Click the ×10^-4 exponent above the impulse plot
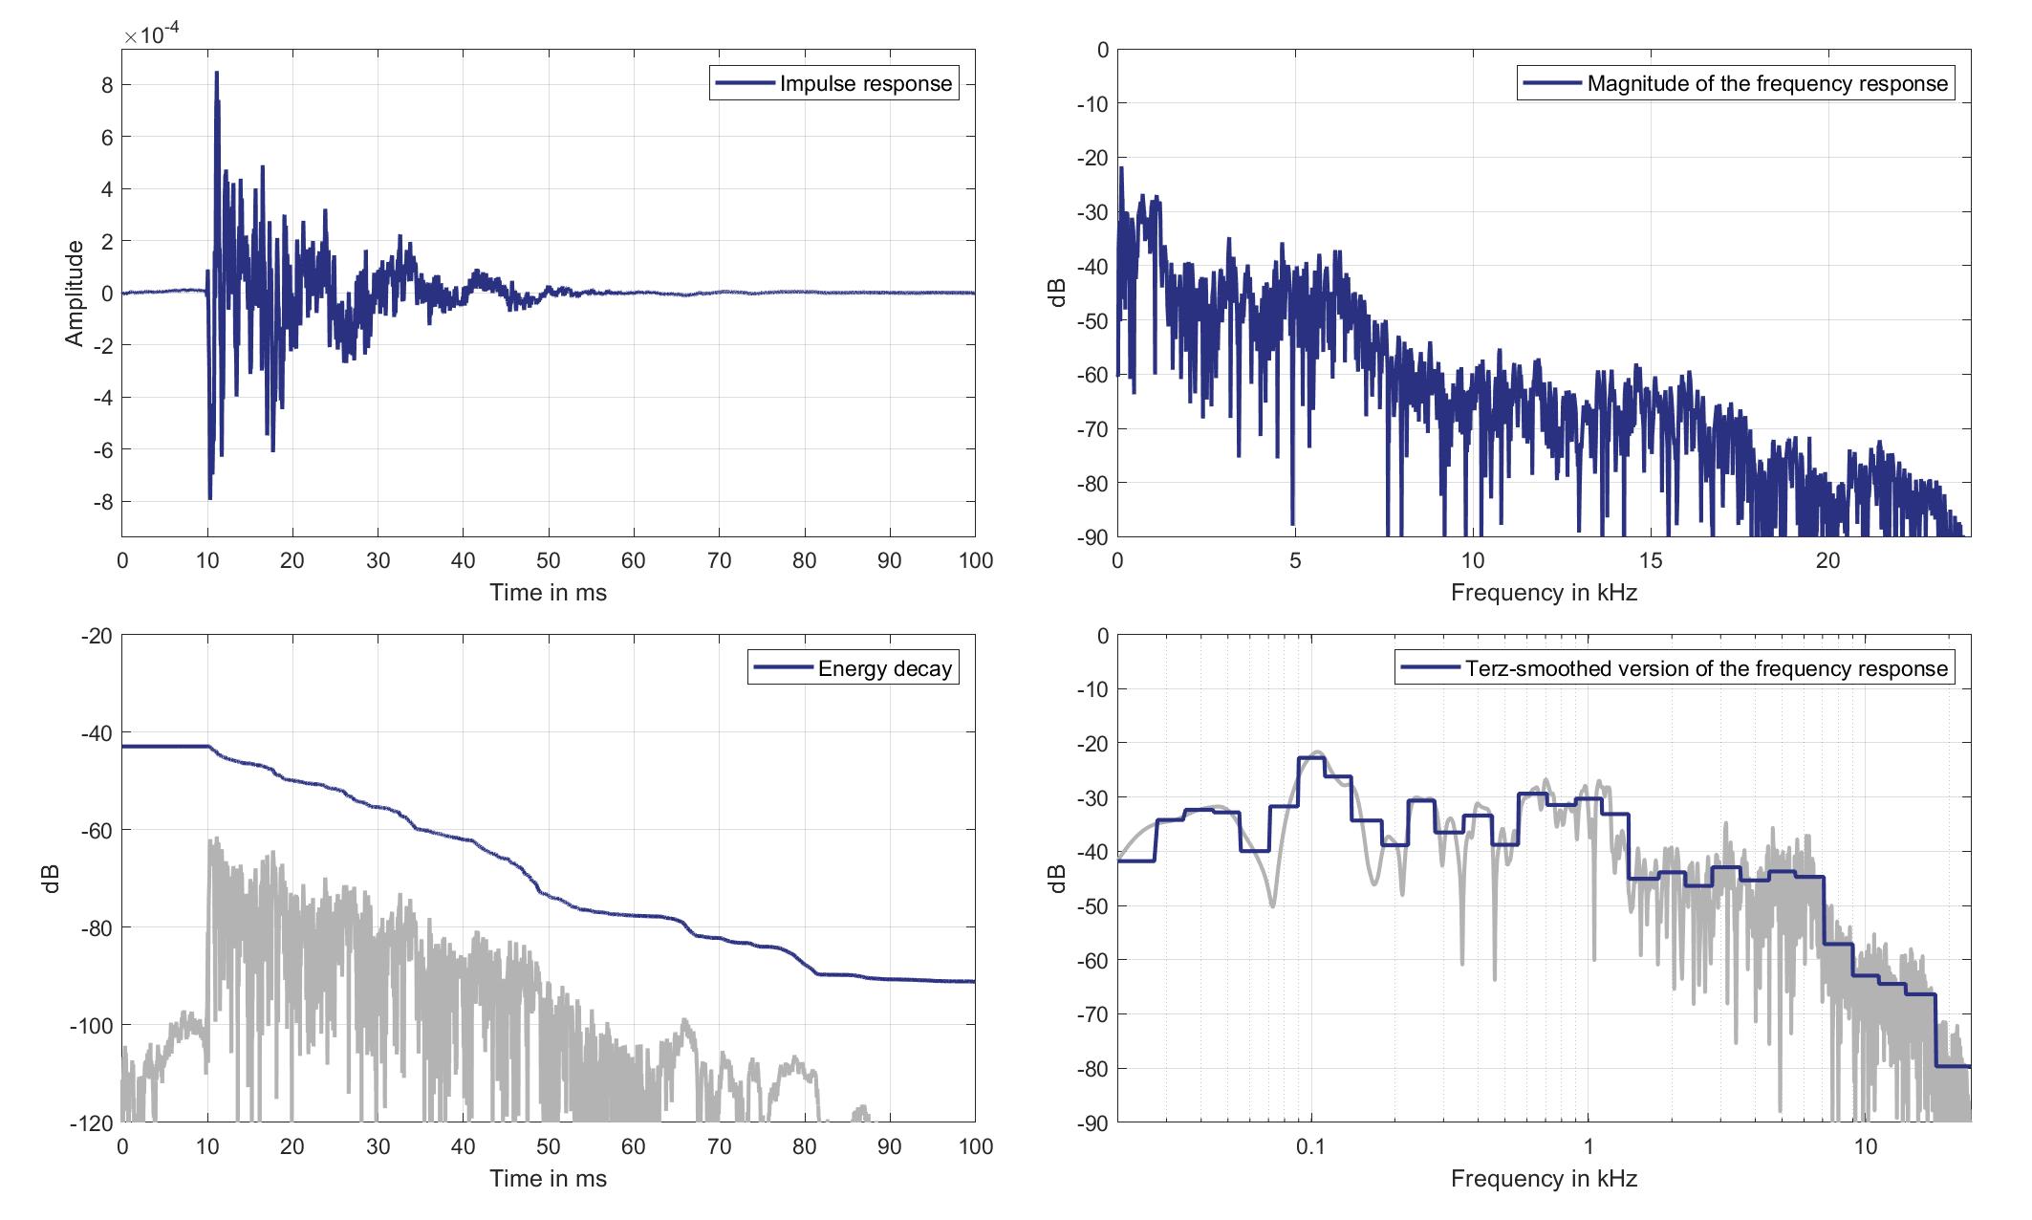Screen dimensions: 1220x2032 152,35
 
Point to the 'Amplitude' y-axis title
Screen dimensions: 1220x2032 75,294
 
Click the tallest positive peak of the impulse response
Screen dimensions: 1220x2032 217,73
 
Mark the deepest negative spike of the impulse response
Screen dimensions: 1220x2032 210,498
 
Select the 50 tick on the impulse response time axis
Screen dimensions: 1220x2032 549,561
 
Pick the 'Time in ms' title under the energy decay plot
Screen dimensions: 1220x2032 548,1179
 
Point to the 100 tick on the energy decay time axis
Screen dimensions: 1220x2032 975,1147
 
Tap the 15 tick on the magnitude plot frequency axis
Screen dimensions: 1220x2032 1650,561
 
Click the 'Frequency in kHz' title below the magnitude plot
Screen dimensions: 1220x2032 1544,593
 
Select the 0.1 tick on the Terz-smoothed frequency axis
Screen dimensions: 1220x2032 1310,1147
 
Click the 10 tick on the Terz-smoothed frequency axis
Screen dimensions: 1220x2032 1866,1147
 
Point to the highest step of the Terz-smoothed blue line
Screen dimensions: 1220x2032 1310,758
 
